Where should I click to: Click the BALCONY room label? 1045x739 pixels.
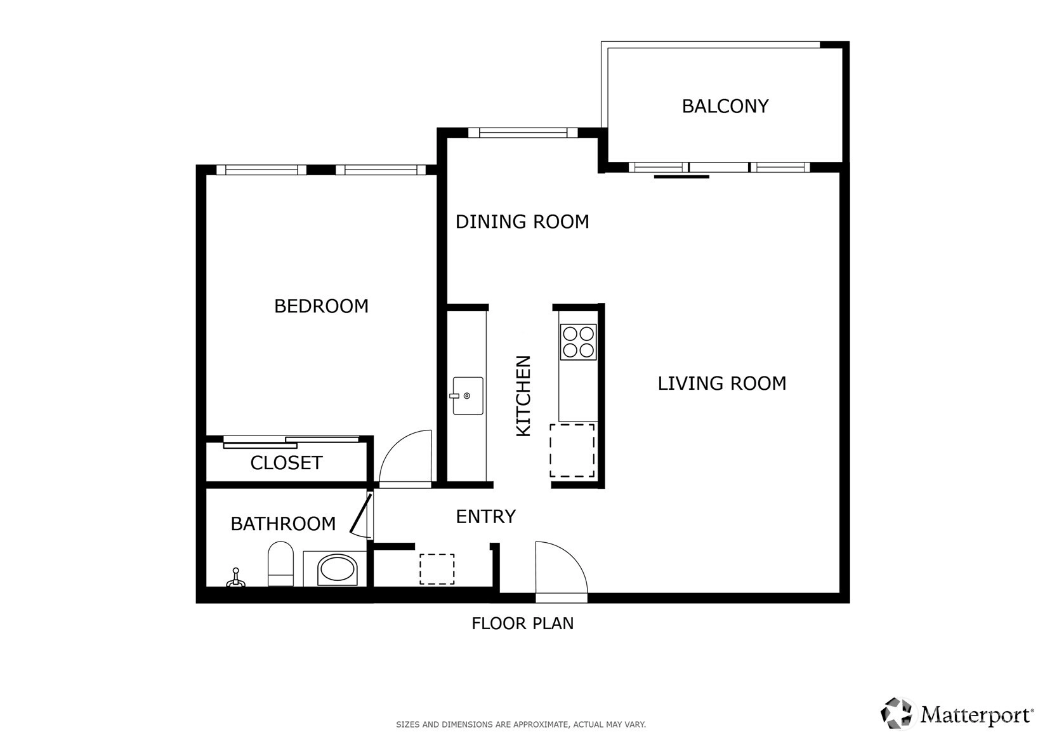coord(725,107)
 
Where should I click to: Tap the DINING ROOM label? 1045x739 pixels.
coord(522,222)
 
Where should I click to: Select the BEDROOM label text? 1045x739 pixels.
coord(321,306)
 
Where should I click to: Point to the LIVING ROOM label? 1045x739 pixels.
coord(721,383)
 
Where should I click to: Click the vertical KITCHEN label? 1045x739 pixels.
coord(523,396)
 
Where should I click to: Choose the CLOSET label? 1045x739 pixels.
coord(286,463)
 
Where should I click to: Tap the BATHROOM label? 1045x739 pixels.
coord(283,524)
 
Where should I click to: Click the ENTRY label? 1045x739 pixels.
coord(485,517)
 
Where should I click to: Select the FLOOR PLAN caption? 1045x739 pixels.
coord(523,623)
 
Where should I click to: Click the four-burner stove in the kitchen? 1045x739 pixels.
coord(578,342)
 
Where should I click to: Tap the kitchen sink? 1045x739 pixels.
coord(468,396)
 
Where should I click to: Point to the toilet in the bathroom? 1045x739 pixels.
coord(280,564)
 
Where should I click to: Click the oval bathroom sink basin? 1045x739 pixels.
coord(338,570)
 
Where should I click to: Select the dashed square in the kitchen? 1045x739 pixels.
coord(572,451)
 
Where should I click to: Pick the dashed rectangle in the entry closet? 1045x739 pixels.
coord(437,569)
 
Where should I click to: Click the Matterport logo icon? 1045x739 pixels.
coord(896,713)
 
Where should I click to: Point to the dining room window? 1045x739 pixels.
coord(523,133)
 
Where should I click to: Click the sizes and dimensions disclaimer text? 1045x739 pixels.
coord(521,724)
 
